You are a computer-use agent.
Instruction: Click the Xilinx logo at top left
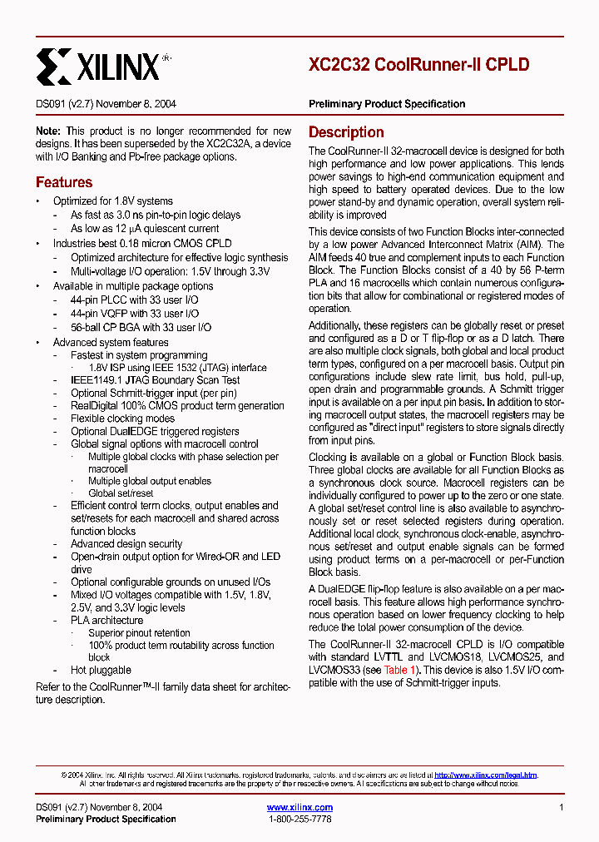click(98, 65)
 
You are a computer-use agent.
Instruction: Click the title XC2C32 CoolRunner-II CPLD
click(418, 65)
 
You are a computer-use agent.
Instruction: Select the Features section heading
click(64, 182)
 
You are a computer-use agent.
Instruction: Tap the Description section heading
click(346, 132)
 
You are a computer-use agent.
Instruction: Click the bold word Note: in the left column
click(48, 131)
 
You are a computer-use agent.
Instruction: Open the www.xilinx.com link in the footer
click(299, 807)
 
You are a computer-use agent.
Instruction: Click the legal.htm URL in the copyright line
click(486, 775)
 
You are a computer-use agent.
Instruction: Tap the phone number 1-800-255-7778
click(299, 820)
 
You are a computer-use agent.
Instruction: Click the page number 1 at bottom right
click(562, 807)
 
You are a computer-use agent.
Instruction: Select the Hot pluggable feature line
click(101, 670)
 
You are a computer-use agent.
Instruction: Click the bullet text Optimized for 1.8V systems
click(113, 201)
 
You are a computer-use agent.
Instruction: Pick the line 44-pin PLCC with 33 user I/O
click(135, 300)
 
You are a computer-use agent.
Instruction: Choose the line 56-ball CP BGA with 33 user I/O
click(141, 328)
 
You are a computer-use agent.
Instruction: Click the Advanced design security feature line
click(126, 543)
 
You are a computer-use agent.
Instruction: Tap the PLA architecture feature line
click(106, 620)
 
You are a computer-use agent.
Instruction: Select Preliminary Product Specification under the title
click(387, 104)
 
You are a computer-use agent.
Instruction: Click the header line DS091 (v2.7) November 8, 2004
click(106, 104)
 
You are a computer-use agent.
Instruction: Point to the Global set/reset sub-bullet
click(121, 493)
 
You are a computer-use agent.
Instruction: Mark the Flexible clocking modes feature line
click(122, 419)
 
